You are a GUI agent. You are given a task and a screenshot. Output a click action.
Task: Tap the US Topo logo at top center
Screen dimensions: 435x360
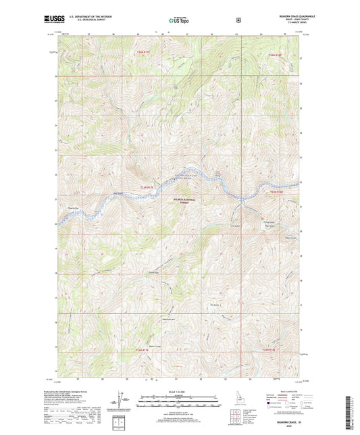(179, 20)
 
